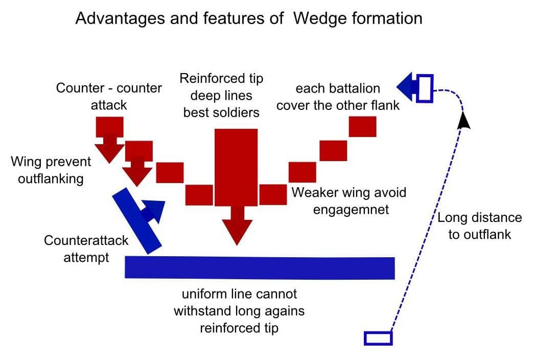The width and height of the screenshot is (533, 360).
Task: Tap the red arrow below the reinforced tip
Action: pos(237,225)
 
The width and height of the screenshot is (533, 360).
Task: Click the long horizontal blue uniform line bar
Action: pos(260,267)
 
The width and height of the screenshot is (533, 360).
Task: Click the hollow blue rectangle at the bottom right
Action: pos(378,338)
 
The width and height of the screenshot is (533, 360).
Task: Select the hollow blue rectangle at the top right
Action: pos(425,88)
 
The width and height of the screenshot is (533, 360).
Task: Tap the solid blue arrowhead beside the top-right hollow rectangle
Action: pos(407,87)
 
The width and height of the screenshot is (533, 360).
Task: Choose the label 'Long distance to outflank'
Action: pos(479,226)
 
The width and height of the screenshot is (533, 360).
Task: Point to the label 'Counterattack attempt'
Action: pos(86,249)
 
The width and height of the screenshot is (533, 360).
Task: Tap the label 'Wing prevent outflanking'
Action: pos(51,170)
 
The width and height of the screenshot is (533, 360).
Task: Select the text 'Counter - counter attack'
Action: pos(109,96)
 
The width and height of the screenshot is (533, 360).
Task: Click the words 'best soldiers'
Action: pos(221,112)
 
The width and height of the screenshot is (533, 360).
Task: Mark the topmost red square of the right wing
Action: pos(363,126)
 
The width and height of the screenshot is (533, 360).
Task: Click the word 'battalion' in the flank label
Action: pos(367,88)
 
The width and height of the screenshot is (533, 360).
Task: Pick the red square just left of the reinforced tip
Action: pos(199,194)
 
